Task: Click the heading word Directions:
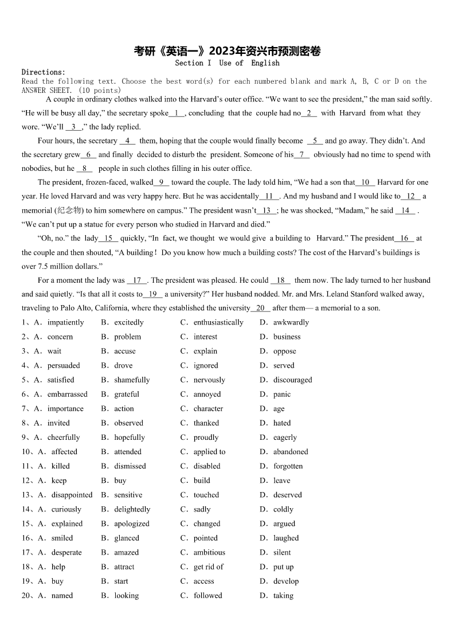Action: [44, 72]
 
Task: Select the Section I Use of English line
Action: [227, 63]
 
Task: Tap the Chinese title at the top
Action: [227, 51]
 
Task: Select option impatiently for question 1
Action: [65, 322]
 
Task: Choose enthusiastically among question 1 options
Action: [218, 322]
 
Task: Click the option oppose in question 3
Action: [285, 351]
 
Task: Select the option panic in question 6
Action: [282, 394]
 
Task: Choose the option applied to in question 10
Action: [209, 451]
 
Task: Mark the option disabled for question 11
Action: [207, 466]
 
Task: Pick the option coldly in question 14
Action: [283, 509]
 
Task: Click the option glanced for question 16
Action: [127, 538]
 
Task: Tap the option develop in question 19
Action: [286, 581]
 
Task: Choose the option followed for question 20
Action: [207, 595]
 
